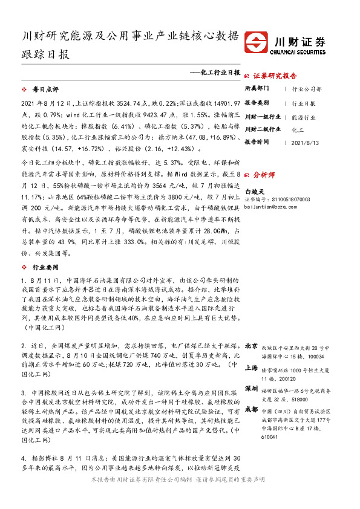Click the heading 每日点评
[x=43, y=89]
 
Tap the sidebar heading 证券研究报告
[x=275, y=76]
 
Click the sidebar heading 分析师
[x=264, y=173]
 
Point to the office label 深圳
[x=252, y=387]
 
